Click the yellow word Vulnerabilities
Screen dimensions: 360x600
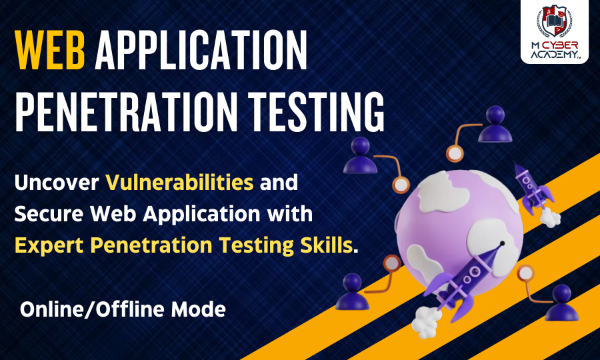coord(179,181)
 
